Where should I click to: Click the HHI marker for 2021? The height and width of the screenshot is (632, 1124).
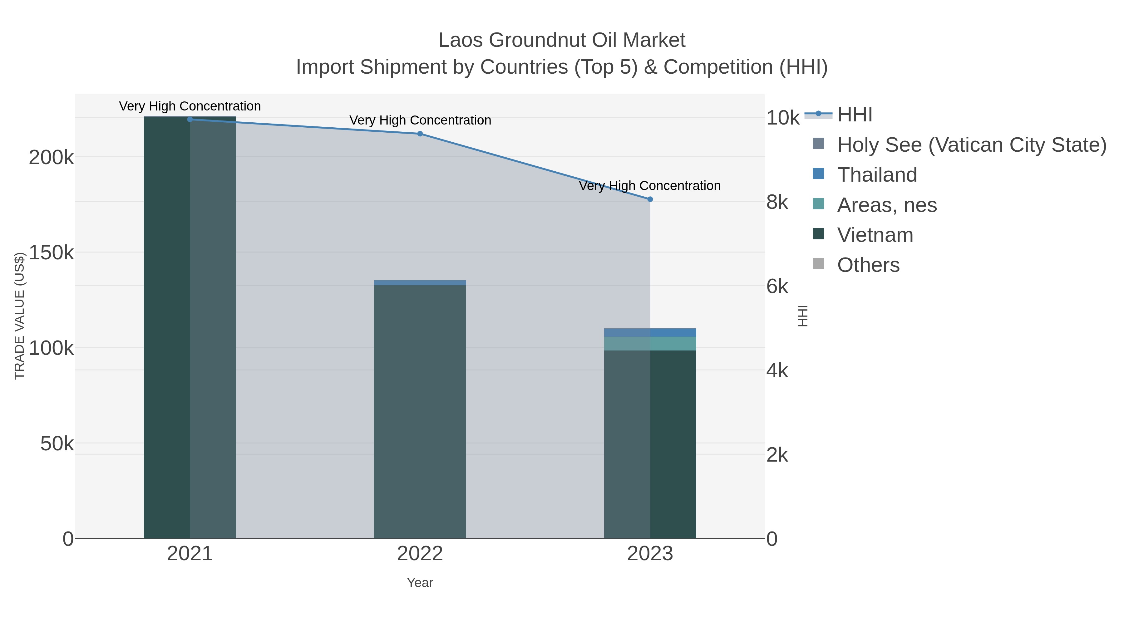[190, 119]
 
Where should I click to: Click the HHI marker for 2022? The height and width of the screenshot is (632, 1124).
[420, 134]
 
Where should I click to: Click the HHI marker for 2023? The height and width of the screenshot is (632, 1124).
[650, 199]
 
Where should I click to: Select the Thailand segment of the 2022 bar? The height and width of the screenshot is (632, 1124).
[420, 283]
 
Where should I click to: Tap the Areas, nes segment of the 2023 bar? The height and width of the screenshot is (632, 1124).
[650, 343]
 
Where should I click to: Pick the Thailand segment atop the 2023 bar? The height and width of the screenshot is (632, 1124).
[650, 332]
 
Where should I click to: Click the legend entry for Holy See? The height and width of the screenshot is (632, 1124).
[971, 145]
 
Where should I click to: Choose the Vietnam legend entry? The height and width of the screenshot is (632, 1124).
[875, 235]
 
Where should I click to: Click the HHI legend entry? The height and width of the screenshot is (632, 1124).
[854, 115]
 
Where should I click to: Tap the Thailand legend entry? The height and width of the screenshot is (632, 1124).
[877, 175]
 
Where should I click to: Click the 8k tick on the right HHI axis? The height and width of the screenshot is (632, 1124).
[777, 202]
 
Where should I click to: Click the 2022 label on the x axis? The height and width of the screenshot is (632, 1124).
[420, 554]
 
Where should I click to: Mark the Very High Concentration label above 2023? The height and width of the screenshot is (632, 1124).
[650, 186]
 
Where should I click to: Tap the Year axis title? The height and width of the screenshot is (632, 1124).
[420, 583]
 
